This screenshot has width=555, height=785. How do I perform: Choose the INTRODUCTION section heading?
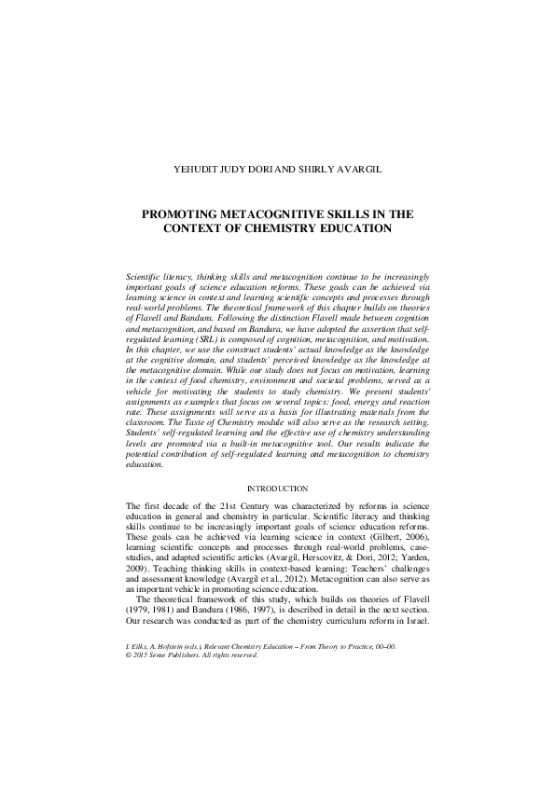(x=277, y=489)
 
